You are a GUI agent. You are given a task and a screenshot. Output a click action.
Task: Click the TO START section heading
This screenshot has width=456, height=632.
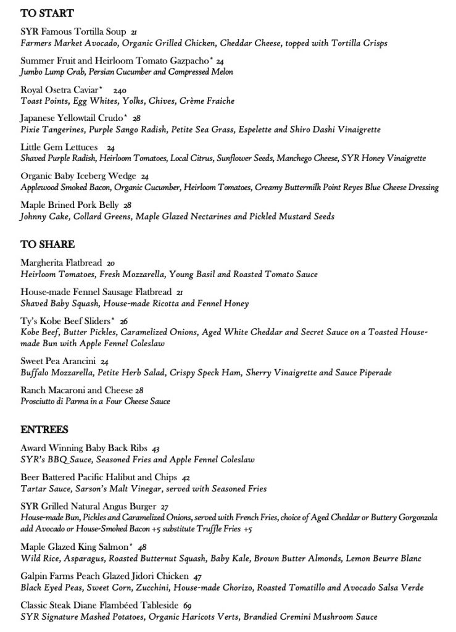pos(47,14)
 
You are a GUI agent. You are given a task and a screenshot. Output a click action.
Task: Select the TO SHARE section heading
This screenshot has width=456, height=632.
pos(48,245)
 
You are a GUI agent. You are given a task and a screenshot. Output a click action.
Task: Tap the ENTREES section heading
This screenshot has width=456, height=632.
pos(44,429)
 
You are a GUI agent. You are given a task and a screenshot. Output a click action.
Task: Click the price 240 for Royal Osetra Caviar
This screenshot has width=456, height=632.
pos(120,90)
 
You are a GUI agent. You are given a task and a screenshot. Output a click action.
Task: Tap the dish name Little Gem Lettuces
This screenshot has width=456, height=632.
pos(59,148)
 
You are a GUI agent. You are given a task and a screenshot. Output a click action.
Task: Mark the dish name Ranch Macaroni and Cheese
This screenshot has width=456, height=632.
pos(77,390)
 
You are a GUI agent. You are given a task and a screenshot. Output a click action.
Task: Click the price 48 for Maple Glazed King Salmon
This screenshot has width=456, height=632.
pos(143,547)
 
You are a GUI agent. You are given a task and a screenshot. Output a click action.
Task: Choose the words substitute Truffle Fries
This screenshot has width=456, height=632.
pos(210,529)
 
